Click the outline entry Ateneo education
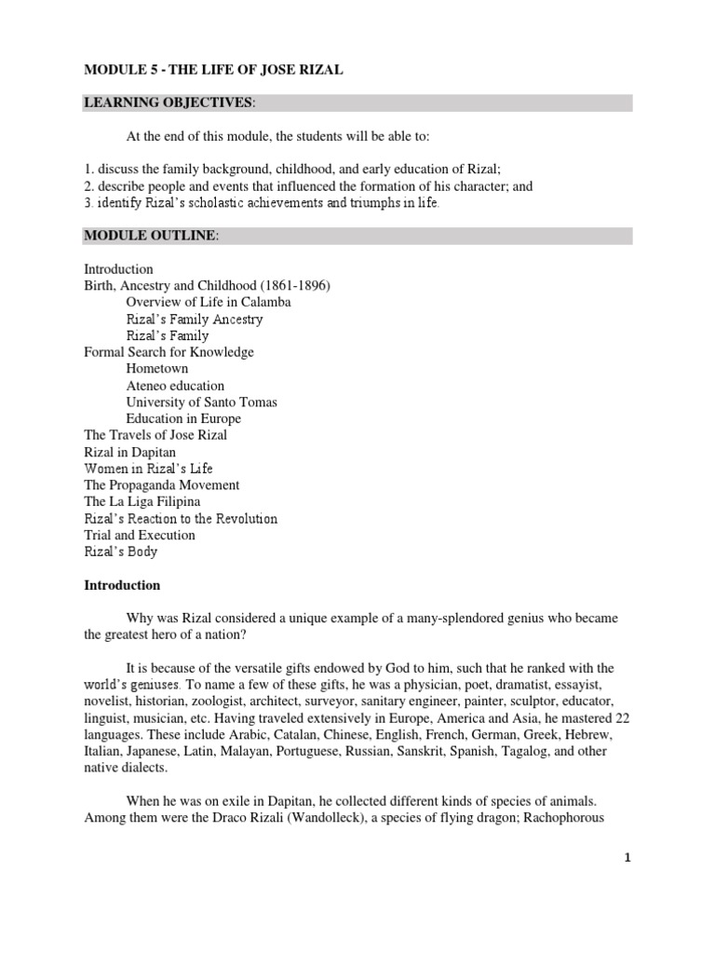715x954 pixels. tap(175, 386)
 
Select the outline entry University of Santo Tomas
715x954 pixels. tap(201, 402)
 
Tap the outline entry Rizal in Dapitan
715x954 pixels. tap(129, 452)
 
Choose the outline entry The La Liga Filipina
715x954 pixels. tap(142, 501)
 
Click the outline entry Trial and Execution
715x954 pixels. tap(140, 535)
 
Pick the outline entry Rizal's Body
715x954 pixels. tap(121, 552)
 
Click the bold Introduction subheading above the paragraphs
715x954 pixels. tap(122, 586)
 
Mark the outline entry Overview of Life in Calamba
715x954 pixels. tap(209, 302)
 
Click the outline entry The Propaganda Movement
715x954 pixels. tap(161, 484)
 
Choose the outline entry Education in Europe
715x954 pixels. tap(182, 418)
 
